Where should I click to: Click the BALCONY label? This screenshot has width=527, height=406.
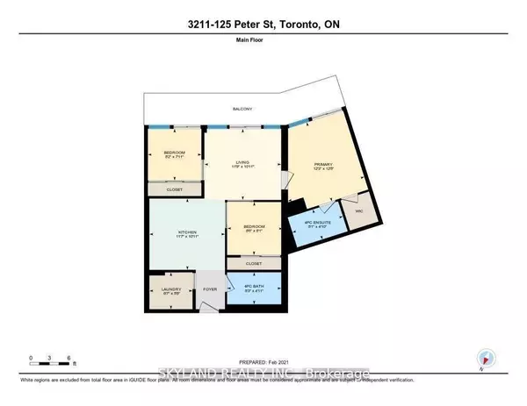tap(243, 109)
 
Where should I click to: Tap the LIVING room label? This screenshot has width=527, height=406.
tap(242, 161)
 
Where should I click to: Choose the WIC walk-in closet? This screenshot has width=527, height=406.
tap(358, 217)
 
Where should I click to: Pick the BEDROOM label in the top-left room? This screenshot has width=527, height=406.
tap(175, 154)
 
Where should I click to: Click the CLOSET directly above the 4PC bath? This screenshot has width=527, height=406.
tap(253, 263)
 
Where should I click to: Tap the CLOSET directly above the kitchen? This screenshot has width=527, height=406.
tap(175, 189)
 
